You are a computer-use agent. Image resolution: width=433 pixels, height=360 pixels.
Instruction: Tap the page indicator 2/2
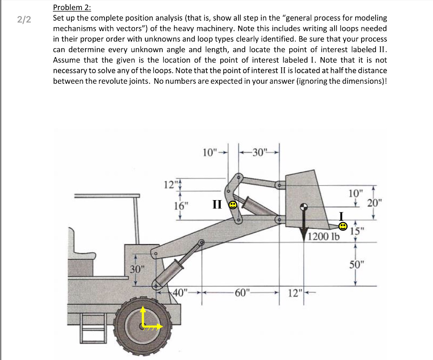click(25, 19)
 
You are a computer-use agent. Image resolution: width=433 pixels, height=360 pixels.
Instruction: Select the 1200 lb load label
click(323, 236)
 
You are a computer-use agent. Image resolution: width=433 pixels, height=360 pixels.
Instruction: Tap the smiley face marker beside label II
click(233, 205)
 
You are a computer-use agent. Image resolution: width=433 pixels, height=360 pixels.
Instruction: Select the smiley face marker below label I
click(344, 227)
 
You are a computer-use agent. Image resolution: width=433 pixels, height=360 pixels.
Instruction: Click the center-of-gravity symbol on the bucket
click(303, 207)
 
